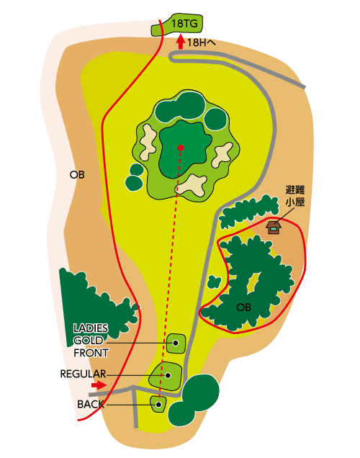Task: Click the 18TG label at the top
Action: point(184,23)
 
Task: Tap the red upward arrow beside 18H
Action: point(181,42)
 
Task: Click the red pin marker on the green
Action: point(181,148)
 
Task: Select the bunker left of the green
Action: point(148,142)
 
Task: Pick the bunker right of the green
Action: point(222,155)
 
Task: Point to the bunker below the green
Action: point(192,186)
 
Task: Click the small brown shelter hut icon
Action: point(274,228)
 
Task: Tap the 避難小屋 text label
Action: point(295,196)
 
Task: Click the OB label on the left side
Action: point(77,175)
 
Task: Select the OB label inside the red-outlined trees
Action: point(244,307)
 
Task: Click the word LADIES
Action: point(91,328)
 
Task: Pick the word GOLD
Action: point(88,341)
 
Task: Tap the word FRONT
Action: point(91,353)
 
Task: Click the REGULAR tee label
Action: point(83,374)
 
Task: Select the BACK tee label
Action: point(91,405)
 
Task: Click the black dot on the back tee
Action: point(158,405)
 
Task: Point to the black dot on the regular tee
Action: point(168,376)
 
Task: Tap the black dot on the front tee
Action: point(176,343)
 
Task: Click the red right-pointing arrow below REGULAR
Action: point(99,385)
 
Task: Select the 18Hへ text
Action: point(202,42)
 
